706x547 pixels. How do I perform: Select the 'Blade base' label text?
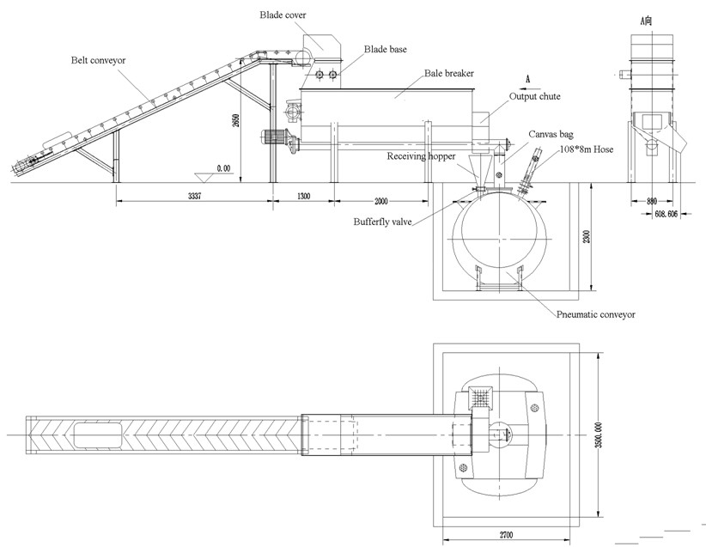point(386,49)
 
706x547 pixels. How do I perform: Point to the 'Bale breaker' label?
point(448,74)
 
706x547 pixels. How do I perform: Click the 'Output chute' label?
point(535,96)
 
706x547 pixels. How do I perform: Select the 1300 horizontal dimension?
point(303,196)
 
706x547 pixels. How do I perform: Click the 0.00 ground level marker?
point(222,168)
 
